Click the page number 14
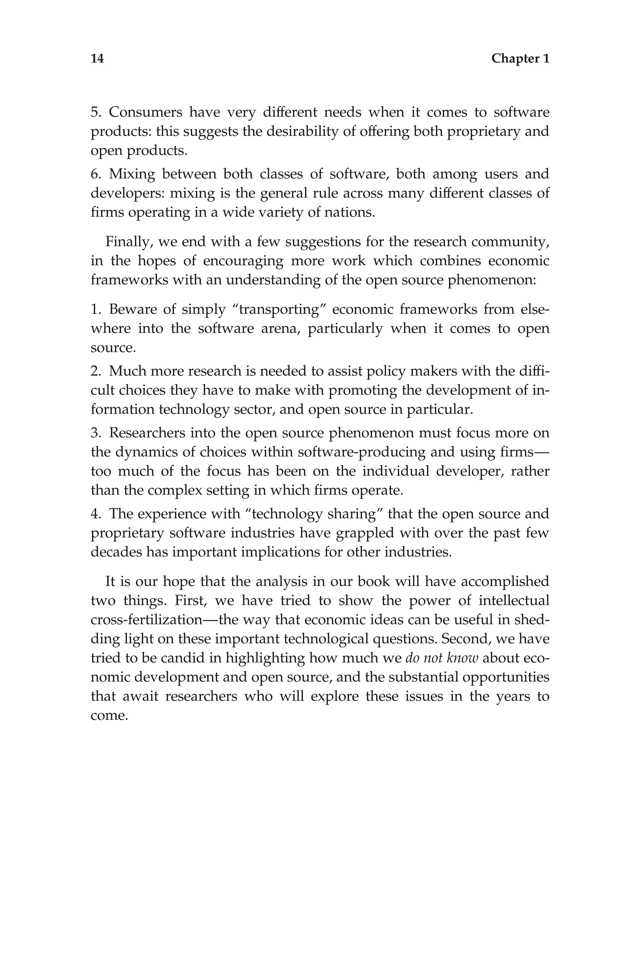pos(97,59)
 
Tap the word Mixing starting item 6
pos(132,174)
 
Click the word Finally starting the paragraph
pos(129,242)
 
